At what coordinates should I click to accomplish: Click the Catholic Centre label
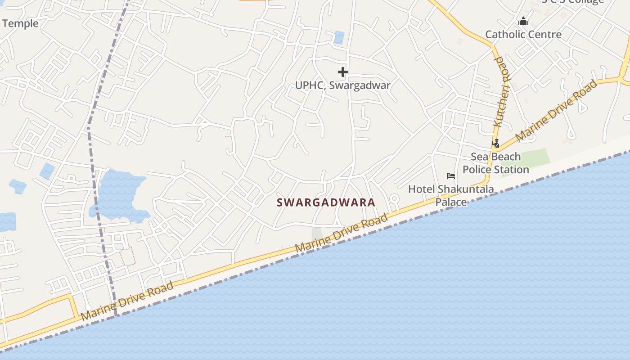pyautogui.click(x=523, y=35)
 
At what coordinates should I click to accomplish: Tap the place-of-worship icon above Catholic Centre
pyautogui.click(x=523, y=21)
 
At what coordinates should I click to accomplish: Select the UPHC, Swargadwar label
pyautogui.click(x=342, y=85)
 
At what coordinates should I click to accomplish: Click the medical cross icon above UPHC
pyautogui.click(x=343, y=72)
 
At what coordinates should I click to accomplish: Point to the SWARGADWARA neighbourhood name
pyautogui.click(x=326, y=202)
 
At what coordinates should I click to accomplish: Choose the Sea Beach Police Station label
pyautogui.click(x=495, y=163)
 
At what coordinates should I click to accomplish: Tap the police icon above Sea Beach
pyautogui.click(x=495, y=144)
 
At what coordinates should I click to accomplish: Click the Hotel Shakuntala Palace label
pyautogui.click(x=451, y=195)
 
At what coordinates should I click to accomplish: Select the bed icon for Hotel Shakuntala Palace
pyautogui.click(x=450, y=176)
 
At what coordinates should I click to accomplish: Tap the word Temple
pyautogui.click(x=20, y=23)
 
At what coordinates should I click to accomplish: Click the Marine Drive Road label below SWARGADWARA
pyautogui.click(x=341, y=233)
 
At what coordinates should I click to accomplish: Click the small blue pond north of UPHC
pyautogui.click(x=339, y=37)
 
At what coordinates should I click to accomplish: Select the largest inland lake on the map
pyautogui.click(x=118, y=194)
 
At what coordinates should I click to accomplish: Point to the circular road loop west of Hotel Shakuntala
pyautogui.click(x=394, y=198)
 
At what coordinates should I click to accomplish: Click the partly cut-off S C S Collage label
pyautogui.click(x=572, y=2)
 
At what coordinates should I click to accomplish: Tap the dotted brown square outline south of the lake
pyautogui.click(x=128, y=256)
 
